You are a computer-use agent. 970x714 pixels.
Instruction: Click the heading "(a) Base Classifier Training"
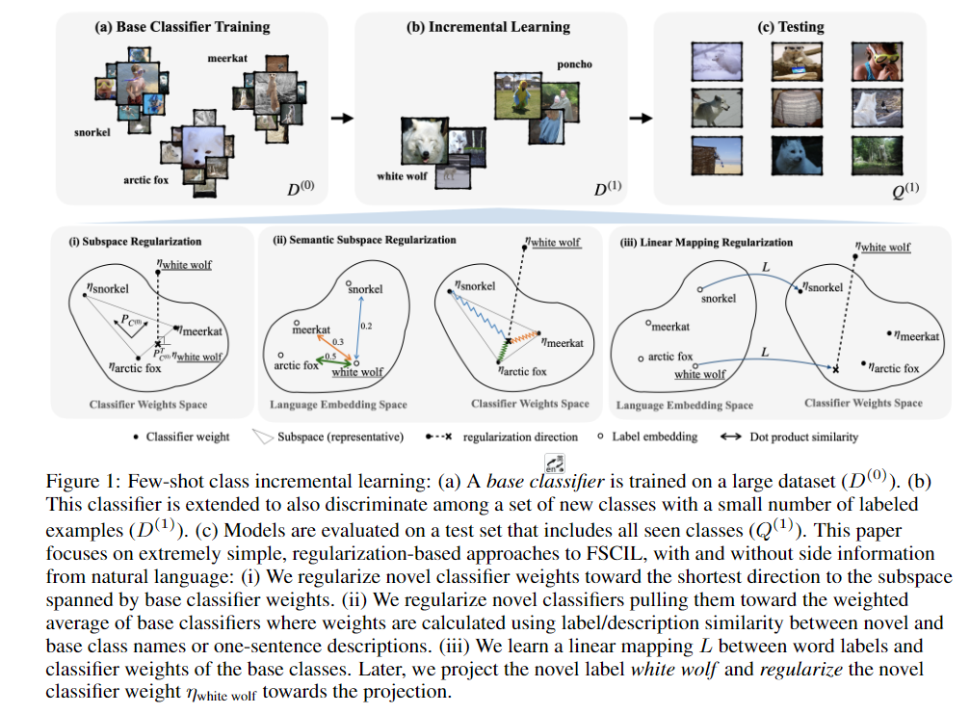tap(182, 27)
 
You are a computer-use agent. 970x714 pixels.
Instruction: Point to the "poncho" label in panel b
tap(574, 65)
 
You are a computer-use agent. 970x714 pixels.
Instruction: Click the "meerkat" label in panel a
tap(227, 59)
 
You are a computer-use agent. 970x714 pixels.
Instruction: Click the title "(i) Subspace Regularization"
tap(135, 241)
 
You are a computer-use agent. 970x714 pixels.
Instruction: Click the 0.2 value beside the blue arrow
tap(365, 326)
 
